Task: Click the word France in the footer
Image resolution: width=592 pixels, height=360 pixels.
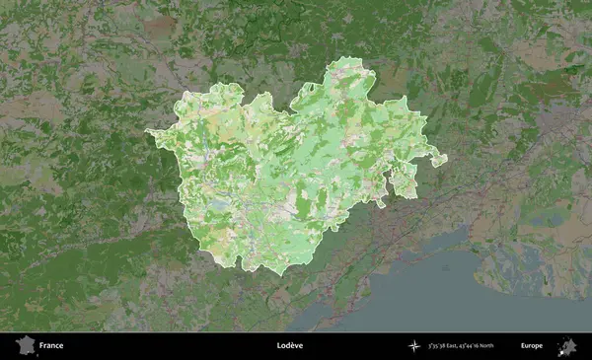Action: pyautogui.click(x=51, y=346)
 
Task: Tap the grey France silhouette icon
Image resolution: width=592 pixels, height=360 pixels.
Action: pyautogui.click(x=25, y=345)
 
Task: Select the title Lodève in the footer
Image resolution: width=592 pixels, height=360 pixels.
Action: pyautogui.click(x=290, y=346)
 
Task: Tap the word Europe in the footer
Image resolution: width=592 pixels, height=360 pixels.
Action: pyautogui.click(x=532, y=346)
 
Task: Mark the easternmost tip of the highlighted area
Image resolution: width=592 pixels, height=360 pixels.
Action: pyautogui.click(x=446, y=158)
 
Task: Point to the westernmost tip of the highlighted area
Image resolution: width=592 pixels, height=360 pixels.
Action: pyautogui.click(x=146, y=131)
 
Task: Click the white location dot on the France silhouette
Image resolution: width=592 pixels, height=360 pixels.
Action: pyautogui.click(x=27, y=349)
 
